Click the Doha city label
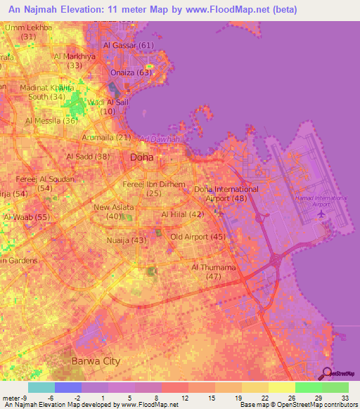[141, 157]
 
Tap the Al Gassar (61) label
[128, 46]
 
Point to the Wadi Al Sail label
[108, 103]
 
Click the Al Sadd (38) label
[88, 157]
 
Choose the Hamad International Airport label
[321, 202]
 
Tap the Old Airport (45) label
[198, 237]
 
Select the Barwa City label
[96, 361]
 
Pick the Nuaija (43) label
[129, 241]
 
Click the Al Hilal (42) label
[182, 214]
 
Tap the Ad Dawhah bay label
[160, 139]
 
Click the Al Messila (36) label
[51, 120]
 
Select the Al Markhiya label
[75, 56]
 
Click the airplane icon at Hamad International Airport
[321, 213]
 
